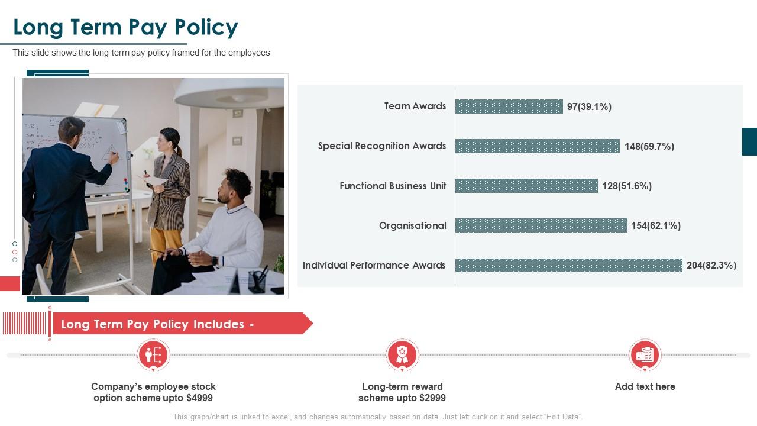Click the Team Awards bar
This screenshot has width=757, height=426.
509,106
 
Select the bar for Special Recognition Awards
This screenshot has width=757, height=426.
537,146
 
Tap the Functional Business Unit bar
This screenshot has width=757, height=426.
526,186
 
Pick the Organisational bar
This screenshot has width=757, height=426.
541,225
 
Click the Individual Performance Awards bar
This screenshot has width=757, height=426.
568,265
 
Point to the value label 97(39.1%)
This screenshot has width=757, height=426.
589,106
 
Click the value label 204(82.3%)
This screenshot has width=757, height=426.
711,265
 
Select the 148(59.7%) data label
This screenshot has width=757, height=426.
649,146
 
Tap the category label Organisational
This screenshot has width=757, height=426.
412,225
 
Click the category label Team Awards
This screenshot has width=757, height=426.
415,106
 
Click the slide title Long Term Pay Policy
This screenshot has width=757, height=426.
125,27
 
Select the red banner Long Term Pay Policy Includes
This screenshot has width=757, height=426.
177,324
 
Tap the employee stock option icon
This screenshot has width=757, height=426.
153,355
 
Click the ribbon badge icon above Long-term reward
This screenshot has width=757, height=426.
402,355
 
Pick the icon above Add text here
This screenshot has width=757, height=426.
645,355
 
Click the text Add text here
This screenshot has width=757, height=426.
645,386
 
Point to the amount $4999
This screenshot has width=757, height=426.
199,398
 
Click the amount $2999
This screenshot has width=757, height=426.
432,398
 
